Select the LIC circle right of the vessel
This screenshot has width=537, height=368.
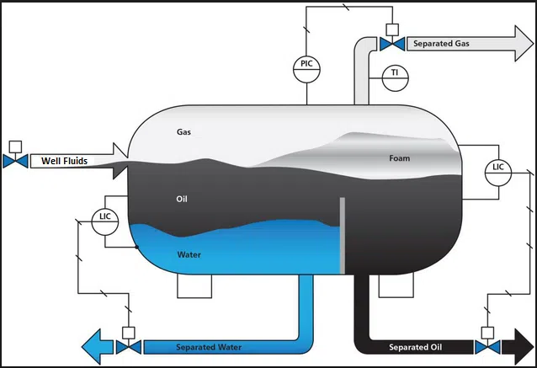point(498,168)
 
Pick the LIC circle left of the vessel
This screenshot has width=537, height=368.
point(105,217)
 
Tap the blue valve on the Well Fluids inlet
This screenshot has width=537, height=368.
point(14,160)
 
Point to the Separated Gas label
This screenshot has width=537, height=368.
point(440,43)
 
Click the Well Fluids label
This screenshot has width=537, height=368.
point(65,160)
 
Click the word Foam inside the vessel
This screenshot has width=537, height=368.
point(399,158)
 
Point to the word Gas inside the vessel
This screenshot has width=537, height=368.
point(184,132)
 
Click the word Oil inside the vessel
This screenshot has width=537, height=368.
point(182,199)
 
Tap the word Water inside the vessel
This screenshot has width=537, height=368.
point(189,253)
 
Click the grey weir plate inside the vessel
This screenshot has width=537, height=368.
point(342,236)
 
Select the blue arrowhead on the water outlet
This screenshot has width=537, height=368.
point(94,346)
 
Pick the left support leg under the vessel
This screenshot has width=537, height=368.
point(193,287)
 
